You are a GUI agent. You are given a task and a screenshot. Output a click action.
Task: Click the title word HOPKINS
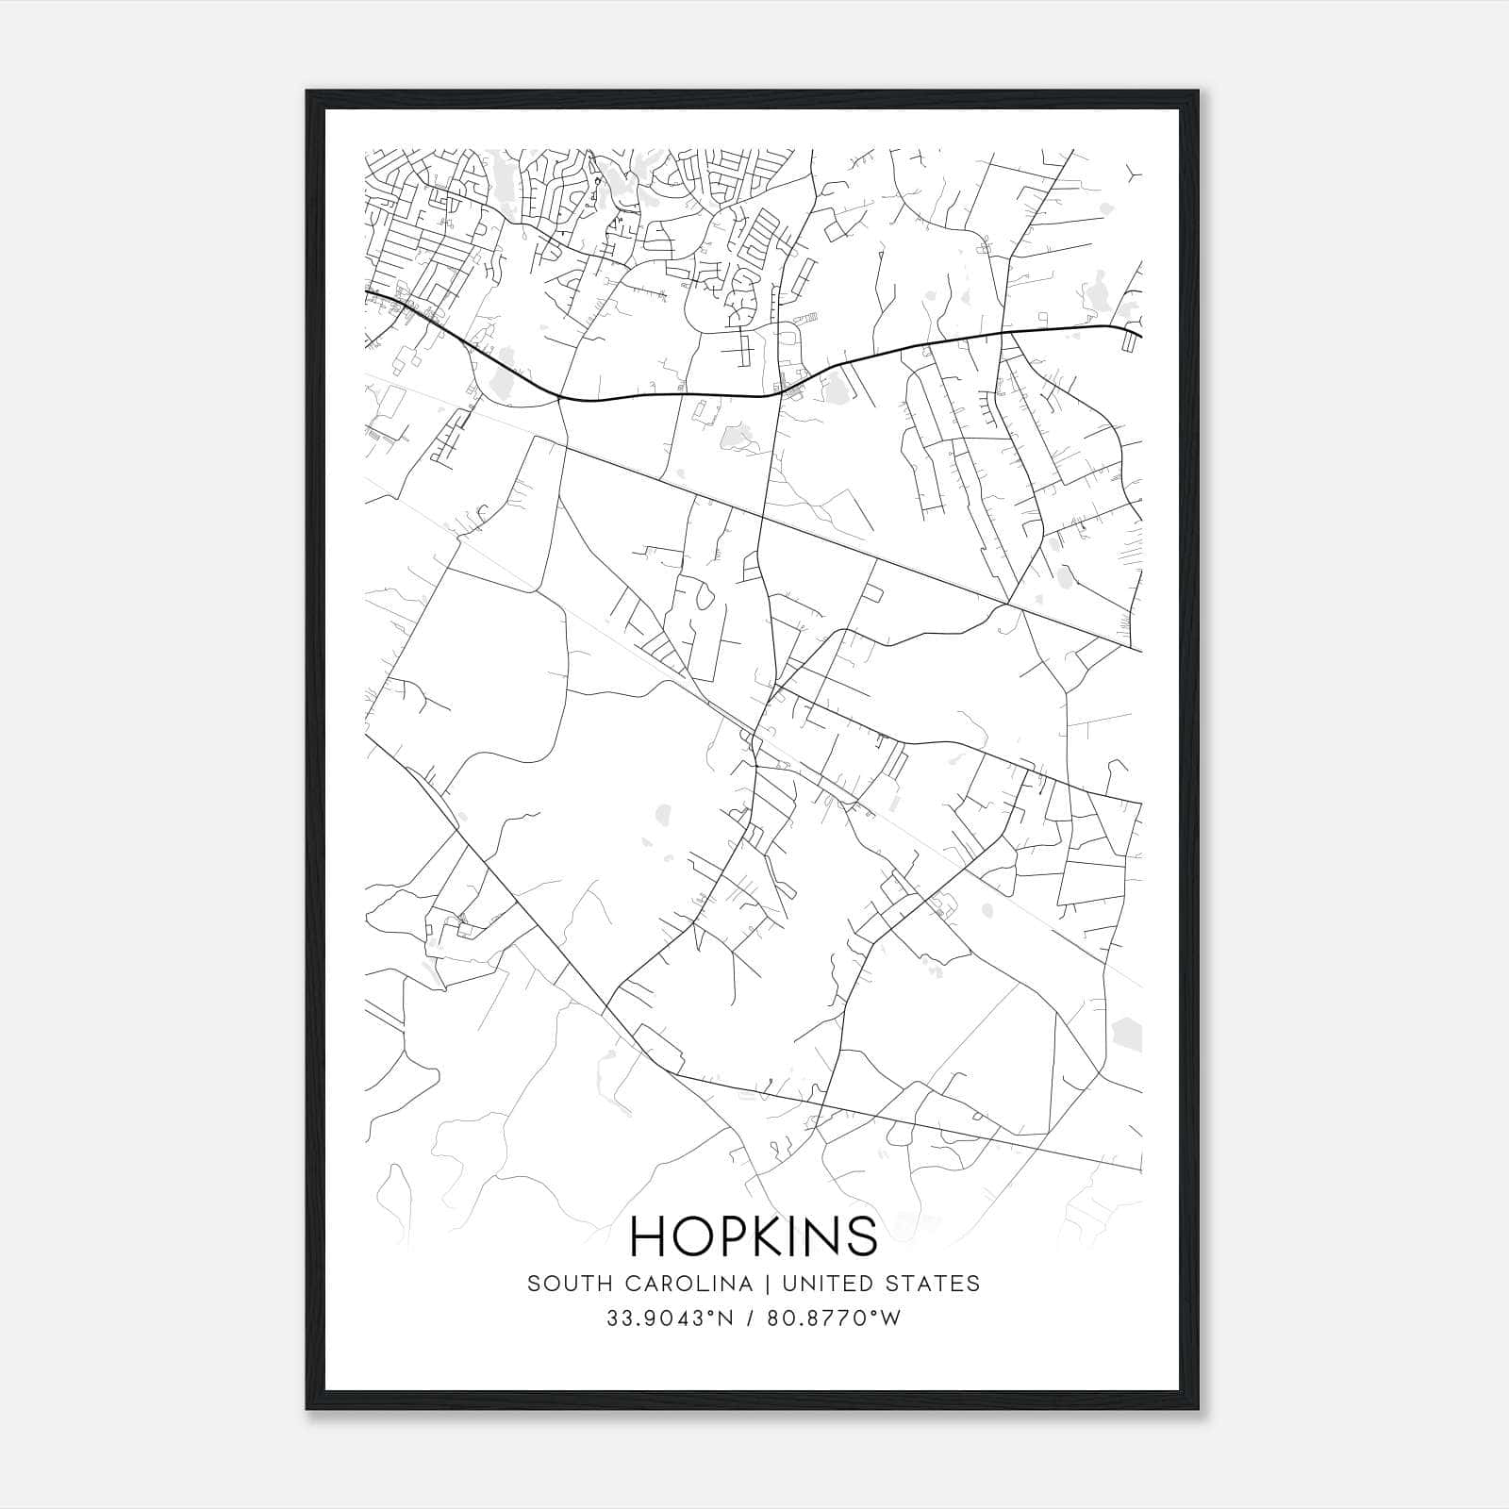coord(754,1235)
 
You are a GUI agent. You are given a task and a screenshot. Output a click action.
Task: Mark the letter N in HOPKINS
coord(822,1235)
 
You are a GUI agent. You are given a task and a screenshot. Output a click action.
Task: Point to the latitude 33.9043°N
coord(671,1318)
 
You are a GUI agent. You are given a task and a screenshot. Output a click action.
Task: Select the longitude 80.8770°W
coord(835,1318)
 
